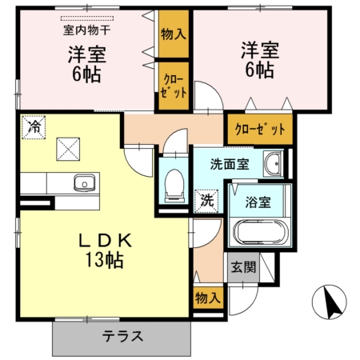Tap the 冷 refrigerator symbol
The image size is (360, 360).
pyautogui.click(x=34, y=126)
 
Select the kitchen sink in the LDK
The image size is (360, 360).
pyautogui.click(x=83, y=183)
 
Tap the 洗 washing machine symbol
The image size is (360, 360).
pyautogui.click(x=207, y=198)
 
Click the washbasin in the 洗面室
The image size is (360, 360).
pyautogui.click(x=273, y=164)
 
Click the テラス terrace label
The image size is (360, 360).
pyautogui.click(x=122, y=336)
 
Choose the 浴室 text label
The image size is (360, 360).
pyautogui.click(x=258, y=201)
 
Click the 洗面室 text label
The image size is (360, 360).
pyautogui.click(x=230, y=165)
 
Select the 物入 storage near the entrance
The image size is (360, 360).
pyautogui.click(x=207, y=298)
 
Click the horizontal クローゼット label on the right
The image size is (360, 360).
pyautogui.click(x=259, y=127)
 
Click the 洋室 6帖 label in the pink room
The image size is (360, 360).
pyautogui.click(x=257, y=60)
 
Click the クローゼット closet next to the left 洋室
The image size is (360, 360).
pyautogui.click(x=173, y=85)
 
